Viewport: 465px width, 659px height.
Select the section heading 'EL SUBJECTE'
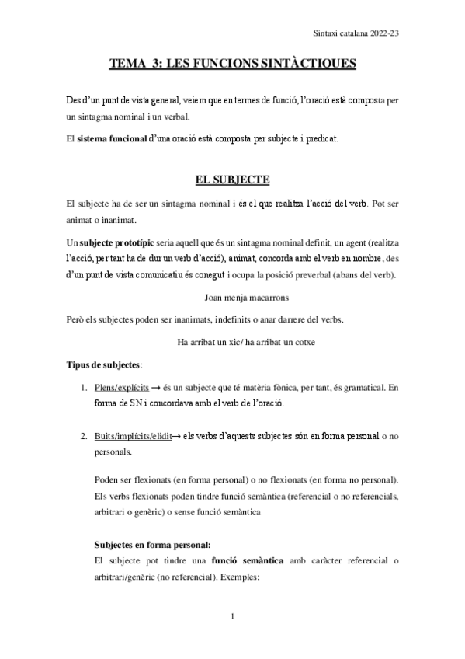pos(232,180)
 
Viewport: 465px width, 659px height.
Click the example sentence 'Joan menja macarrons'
pos(232,296)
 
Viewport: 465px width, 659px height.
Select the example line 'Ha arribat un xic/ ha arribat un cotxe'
pos(232,342)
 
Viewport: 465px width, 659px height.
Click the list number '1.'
pos(85,386)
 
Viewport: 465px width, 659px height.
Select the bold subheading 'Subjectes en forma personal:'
pos(152,545)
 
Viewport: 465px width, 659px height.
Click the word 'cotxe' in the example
pos(300,342)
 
